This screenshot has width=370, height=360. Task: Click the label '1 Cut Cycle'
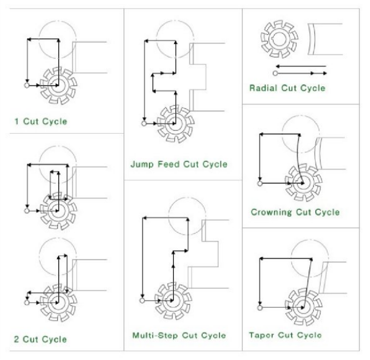point(41,122)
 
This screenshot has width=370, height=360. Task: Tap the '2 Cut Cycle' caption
point(40,339)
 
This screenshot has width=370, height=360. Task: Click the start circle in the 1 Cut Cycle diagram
point(27,85)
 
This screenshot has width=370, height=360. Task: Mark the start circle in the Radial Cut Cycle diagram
point(275,73)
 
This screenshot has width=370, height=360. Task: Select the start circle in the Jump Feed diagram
point(144,123)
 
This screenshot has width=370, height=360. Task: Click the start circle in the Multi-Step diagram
point(142,300)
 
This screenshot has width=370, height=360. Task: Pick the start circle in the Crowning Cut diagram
point(260,183)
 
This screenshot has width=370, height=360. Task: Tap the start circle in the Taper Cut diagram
point(260,308)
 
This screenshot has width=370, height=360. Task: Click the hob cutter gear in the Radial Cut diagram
point(279,39)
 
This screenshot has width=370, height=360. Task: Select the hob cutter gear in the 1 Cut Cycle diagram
point(58,85)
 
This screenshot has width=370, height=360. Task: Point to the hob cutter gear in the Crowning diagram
point(304,183)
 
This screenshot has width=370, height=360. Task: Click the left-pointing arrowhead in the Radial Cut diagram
point(278,66)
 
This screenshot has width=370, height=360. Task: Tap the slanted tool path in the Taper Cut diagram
point(307,283)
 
